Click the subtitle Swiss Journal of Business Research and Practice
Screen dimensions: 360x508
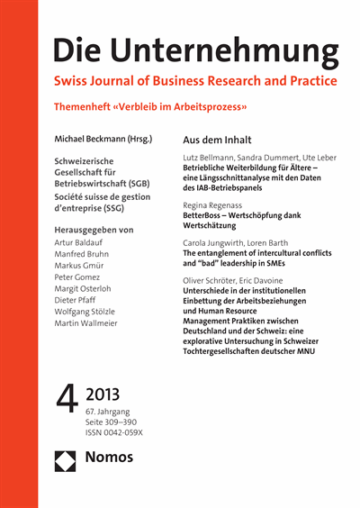[x=196, y=82]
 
